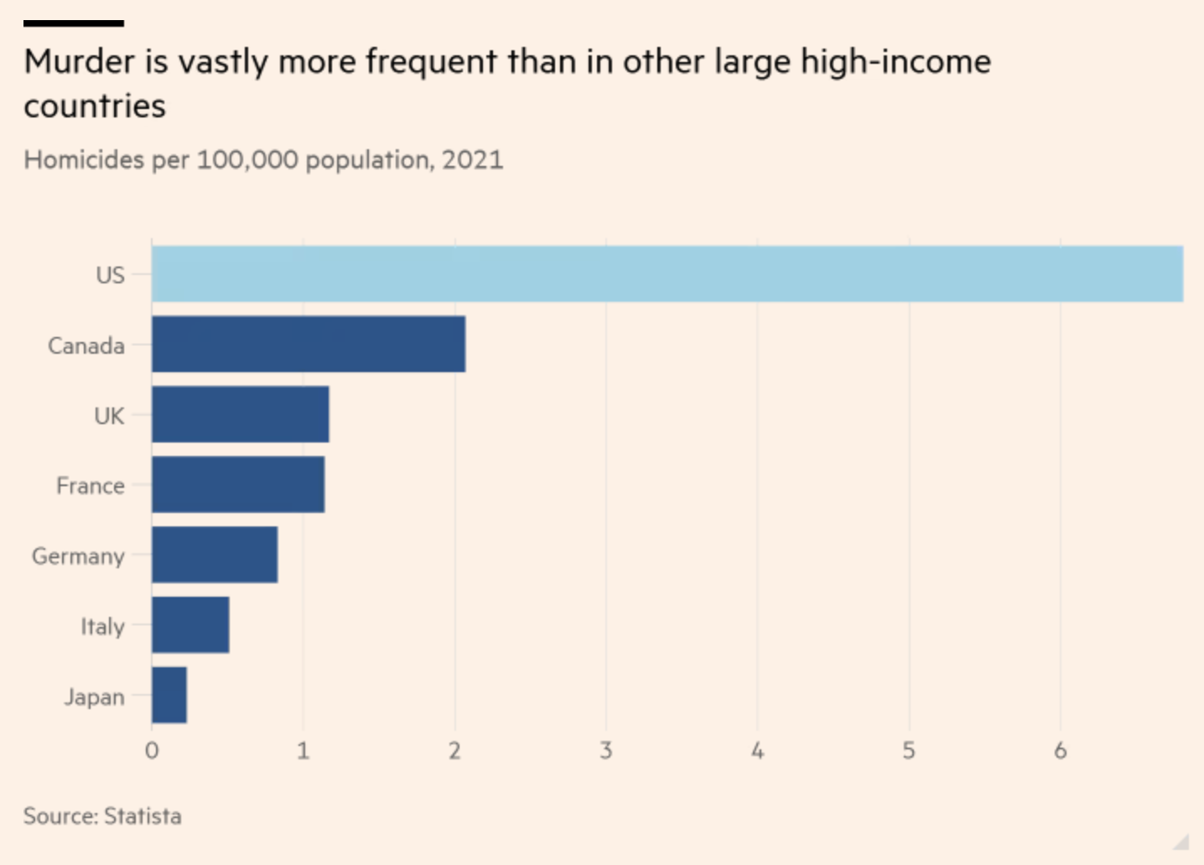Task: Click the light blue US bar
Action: [667, 274]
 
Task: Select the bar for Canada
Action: [308, 344]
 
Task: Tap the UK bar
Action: [240, 414]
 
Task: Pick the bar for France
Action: [237, 484]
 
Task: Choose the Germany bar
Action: [214, 555]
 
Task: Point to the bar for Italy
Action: [189, 625]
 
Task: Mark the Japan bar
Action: [169, 695]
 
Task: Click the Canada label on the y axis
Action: [86, 345]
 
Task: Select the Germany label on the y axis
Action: [78, 557]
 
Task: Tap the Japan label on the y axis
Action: [94, 697]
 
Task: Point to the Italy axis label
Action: [102, 627]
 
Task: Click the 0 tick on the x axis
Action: [152, 750]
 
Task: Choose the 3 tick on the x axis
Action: [606, 750]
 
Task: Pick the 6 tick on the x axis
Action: [1061, 750]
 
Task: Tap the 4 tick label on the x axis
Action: [758, 750]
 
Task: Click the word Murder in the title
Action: [80, 62]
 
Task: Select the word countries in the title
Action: [95, 106]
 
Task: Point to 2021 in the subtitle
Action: [473, 159]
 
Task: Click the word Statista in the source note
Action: [143, 816]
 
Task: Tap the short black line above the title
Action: [74, 23]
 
